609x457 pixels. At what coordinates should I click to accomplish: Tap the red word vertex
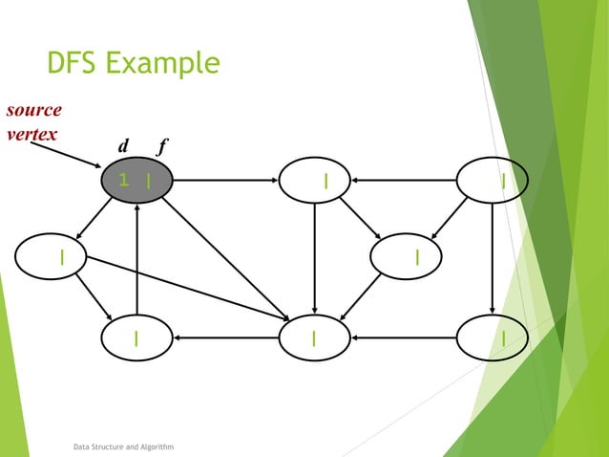pos(30,133)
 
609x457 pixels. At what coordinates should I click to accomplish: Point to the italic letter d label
pos(123,146)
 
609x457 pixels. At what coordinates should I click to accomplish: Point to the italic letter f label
pos(162,146)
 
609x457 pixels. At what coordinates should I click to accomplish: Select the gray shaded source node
pos(137,179)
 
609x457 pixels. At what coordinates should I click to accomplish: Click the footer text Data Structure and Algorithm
pos(123,446)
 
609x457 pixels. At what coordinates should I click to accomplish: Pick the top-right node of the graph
pos(493,179)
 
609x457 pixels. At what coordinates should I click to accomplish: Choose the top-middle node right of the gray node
pos(314,179)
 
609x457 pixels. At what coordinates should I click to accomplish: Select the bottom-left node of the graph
pos(137,337)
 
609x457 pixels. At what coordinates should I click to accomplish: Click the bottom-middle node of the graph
pos(314,337)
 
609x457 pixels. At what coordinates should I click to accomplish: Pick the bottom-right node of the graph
pos(493,337)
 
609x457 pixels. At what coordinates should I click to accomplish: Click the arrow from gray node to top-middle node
pos(225,179)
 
